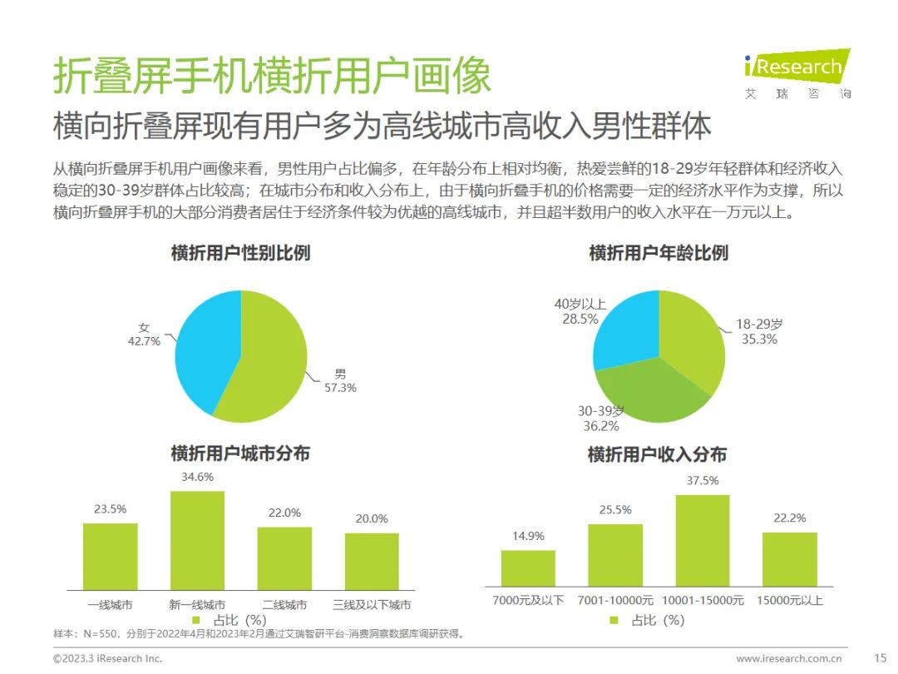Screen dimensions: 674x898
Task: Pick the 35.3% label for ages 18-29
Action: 758,339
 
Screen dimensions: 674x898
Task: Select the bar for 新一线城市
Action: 197,541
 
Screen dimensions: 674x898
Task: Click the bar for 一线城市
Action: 110,557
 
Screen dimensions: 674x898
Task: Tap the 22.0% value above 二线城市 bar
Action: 284,513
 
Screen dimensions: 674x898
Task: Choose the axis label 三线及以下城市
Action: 372,605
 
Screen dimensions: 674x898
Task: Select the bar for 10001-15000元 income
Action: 703,541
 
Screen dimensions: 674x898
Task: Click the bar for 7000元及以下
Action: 528,568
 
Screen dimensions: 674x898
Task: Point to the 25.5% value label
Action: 615,509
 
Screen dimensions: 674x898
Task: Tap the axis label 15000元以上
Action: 790,600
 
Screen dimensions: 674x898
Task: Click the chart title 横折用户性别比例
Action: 240,252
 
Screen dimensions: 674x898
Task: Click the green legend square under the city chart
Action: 196,620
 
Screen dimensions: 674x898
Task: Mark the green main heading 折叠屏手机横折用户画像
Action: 272,77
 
